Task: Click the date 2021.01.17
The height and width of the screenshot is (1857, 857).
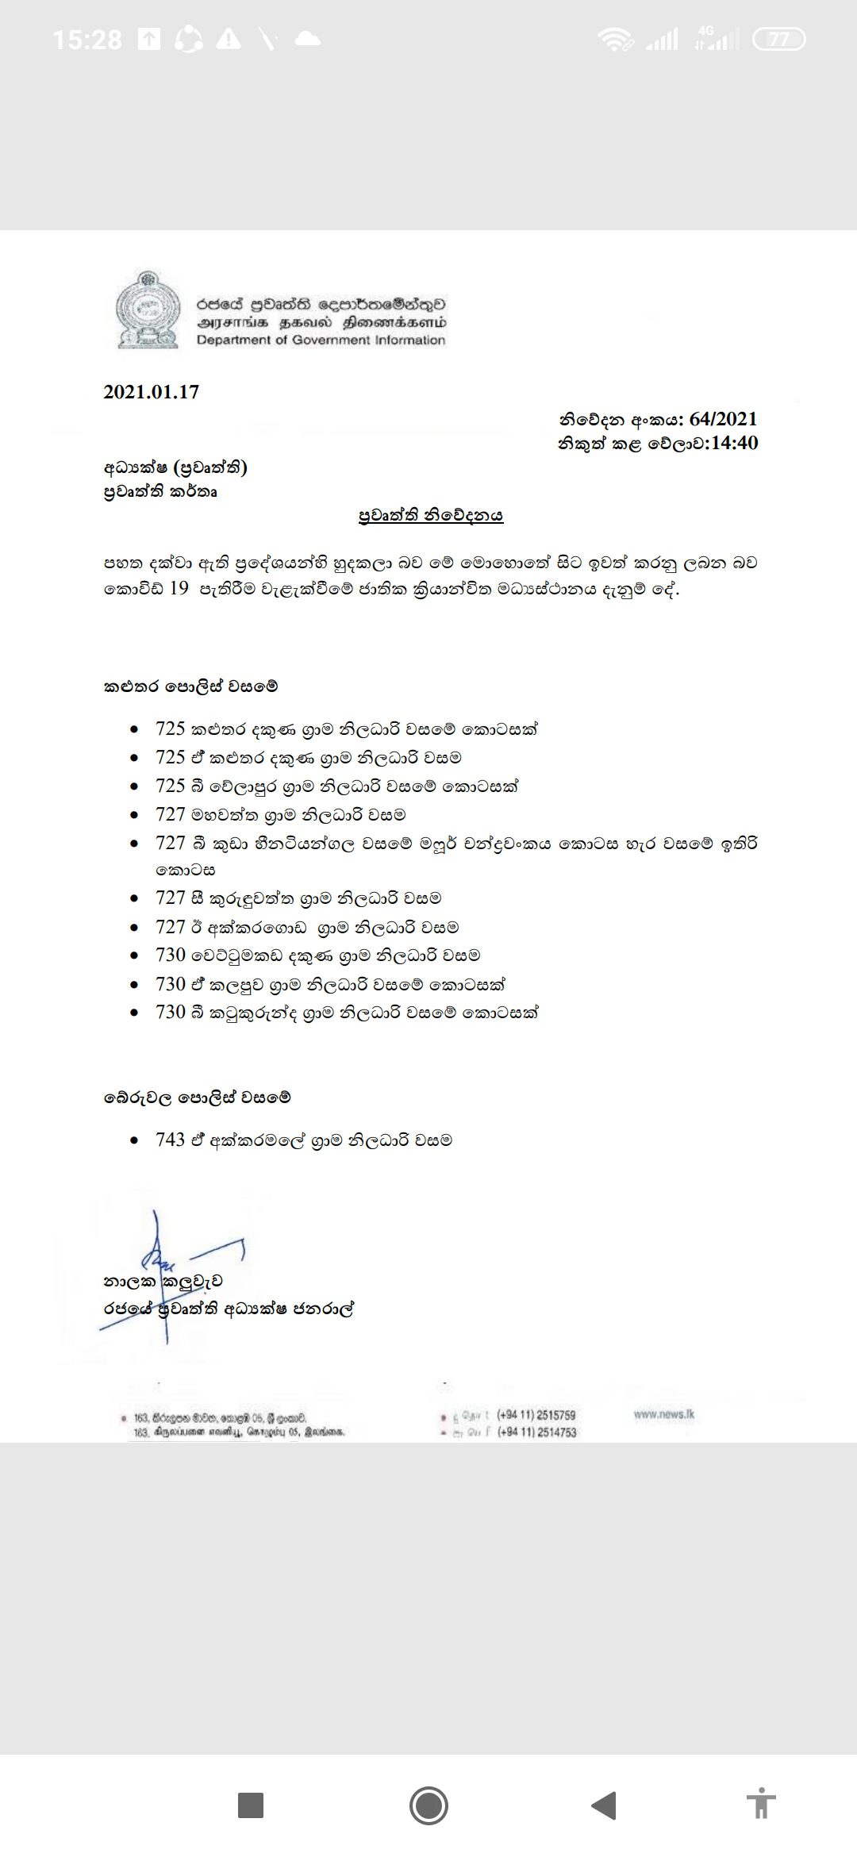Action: pyautogui.click(x=151, y=392)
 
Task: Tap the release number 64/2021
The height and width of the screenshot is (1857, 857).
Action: pyautogui.click(x=724, y=419)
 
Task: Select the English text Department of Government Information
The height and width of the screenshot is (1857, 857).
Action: pyautogui.click(x=321, y=340)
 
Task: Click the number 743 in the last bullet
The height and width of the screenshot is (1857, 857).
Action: pyautogui.click(x=170, y=1140)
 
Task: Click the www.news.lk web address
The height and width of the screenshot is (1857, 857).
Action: pyautogui.click(x=664, y=1413)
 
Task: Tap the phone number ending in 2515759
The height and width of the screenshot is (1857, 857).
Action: pyautogui.click(x=536, y=1415)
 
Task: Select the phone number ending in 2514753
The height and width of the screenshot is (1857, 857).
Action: pyautogui.click(x=537, y=1432)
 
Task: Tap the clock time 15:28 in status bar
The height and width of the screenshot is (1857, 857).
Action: pyautogui.click(x=87, y=40)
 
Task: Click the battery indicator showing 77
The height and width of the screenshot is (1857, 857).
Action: pyautogui.click(x=778, y=40)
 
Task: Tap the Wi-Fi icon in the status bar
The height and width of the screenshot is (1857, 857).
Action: pyautogui.click(x=615, y=40)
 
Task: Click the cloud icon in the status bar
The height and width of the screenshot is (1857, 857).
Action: pyautogui.click(x=307, y=40)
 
